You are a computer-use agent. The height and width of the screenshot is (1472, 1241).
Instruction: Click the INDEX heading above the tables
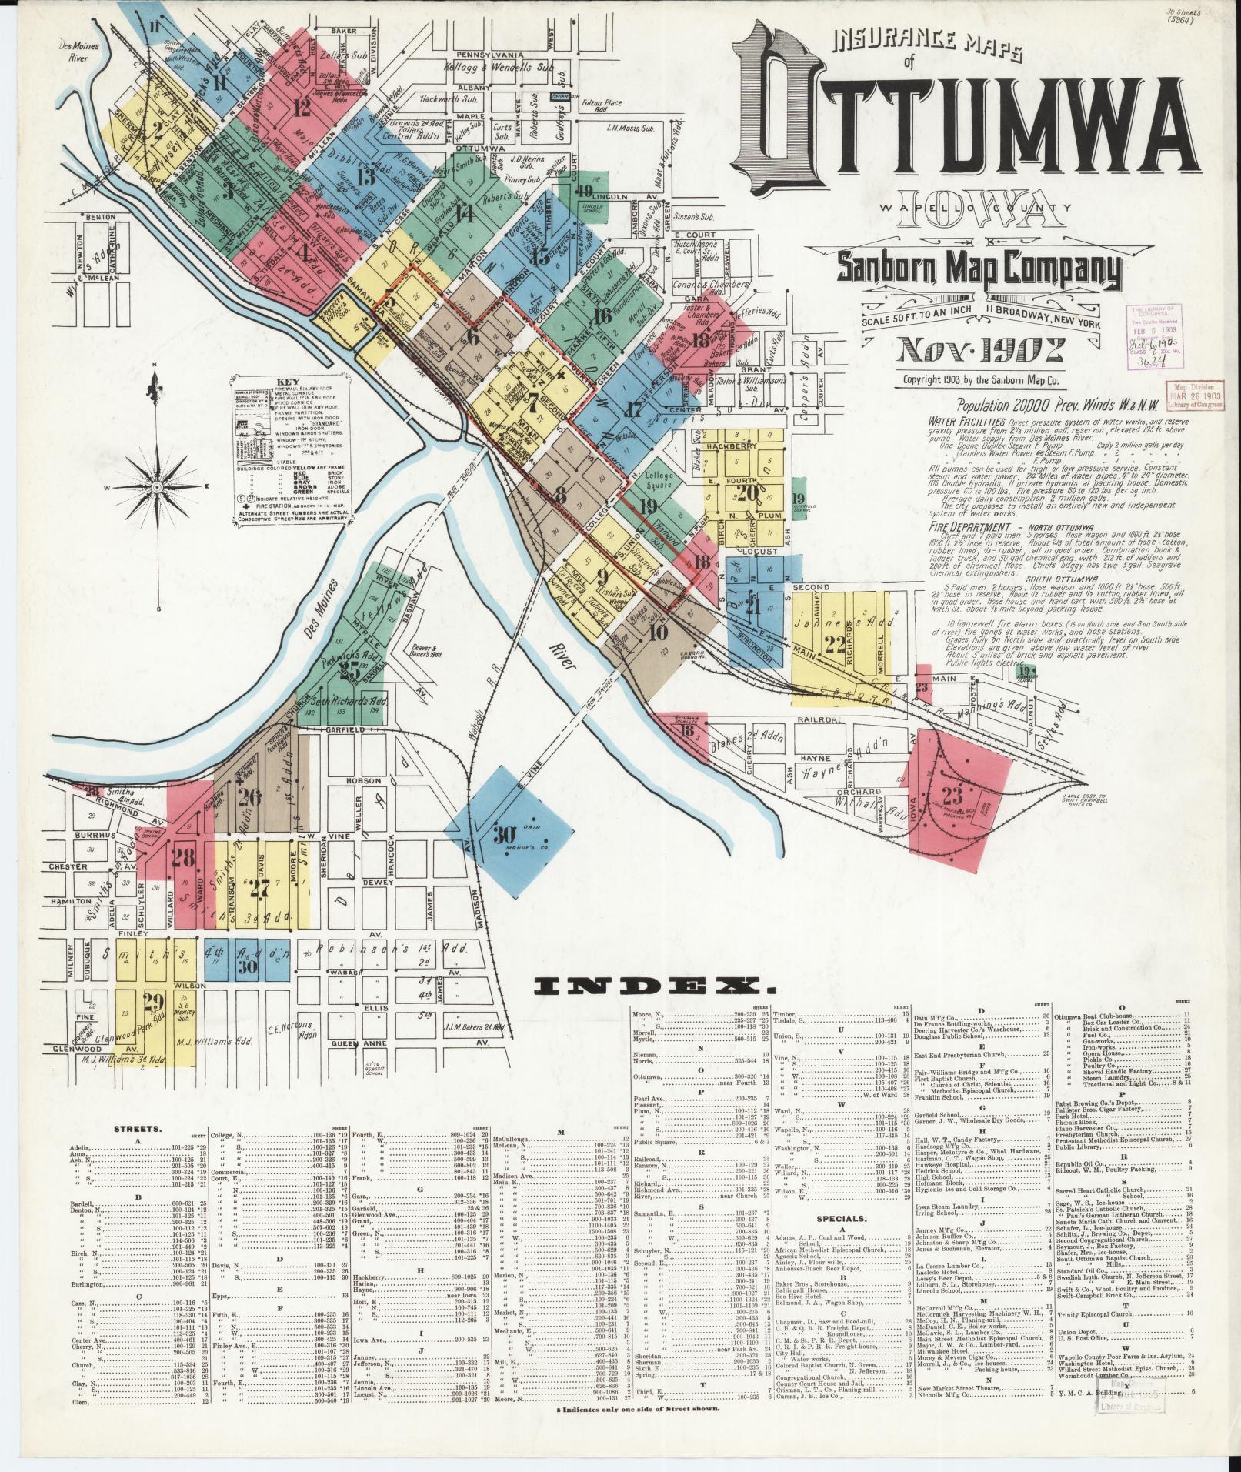[654, 986]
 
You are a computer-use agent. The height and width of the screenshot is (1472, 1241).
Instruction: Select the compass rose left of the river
[158, 487]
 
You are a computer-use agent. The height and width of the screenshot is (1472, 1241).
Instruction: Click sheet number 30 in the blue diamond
[504, 835]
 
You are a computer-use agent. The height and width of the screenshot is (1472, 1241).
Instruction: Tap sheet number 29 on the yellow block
[154, 1001]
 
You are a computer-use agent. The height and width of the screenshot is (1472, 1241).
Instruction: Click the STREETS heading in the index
[136, 1129]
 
